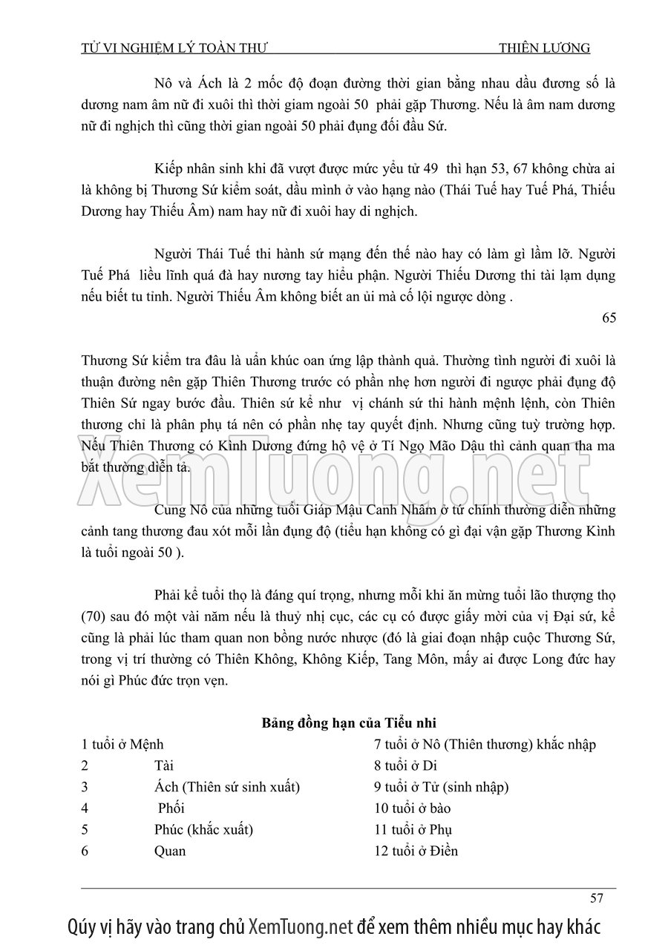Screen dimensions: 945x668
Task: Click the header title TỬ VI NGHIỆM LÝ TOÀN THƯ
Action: coord(174,48)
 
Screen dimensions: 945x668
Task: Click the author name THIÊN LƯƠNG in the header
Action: coord(545,48)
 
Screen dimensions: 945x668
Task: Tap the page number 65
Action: coord(609,318)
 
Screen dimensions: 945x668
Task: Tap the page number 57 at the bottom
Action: coord(596,898)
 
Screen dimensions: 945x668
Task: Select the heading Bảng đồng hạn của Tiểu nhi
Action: coord(353,722)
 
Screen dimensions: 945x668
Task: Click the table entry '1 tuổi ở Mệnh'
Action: coord(122,744)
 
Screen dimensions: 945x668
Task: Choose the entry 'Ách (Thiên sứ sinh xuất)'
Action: coord(227,787)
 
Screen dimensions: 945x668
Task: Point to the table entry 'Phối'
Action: coord(171,809)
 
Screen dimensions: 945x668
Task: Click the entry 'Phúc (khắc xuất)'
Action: coord(204,829)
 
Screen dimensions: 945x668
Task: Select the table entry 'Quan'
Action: coord(170,851)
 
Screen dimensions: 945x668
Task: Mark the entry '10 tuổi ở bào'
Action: coord(413,809)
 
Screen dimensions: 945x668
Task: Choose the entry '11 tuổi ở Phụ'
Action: coord(413,829)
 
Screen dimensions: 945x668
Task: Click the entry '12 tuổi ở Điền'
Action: coord(416,851)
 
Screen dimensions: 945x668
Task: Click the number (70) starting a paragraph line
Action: coord(96,616)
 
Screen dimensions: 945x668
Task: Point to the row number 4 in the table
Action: coord(85,809)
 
